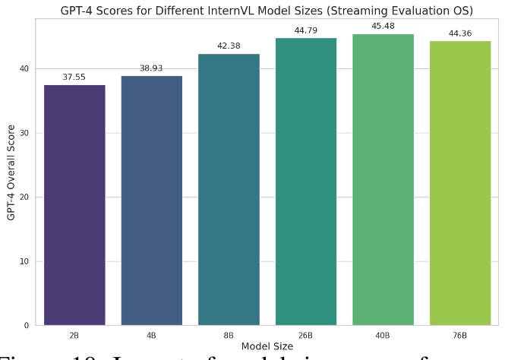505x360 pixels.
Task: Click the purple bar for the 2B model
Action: (x=74, y=205)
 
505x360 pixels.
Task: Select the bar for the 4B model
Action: (x=151, y=201)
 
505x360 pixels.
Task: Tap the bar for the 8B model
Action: (x=229, y=190)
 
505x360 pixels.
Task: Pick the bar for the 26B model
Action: (x=305, y=182)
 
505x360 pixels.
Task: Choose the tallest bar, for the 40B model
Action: (x=383, y=179)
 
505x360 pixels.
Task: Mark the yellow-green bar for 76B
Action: (x=460, y=183)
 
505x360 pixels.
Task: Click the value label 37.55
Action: (x=74, y=77)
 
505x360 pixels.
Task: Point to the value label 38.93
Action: (x=151, y=68)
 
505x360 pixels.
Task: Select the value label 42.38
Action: (x=229, y=46)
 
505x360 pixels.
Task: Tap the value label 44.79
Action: (x=305, y=31)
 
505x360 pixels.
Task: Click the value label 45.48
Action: (x=383, y=27)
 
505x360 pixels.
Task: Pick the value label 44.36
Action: (x=460, y=33)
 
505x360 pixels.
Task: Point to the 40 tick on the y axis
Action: (x=24, y=69)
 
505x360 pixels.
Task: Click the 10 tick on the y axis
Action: (x=24, y=261)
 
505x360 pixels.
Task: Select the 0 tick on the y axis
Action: (x=27, y=326)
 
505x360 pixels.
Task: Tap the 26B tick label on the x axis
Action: (x=305, y=335)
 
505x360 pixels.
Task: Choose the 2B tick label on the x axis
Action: (x=74, y=335)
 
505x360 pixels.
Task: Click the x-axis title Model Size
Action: (x=267, y=346)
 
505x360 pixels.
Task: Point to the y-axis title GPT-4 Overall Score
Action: (x=11, y=172)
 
